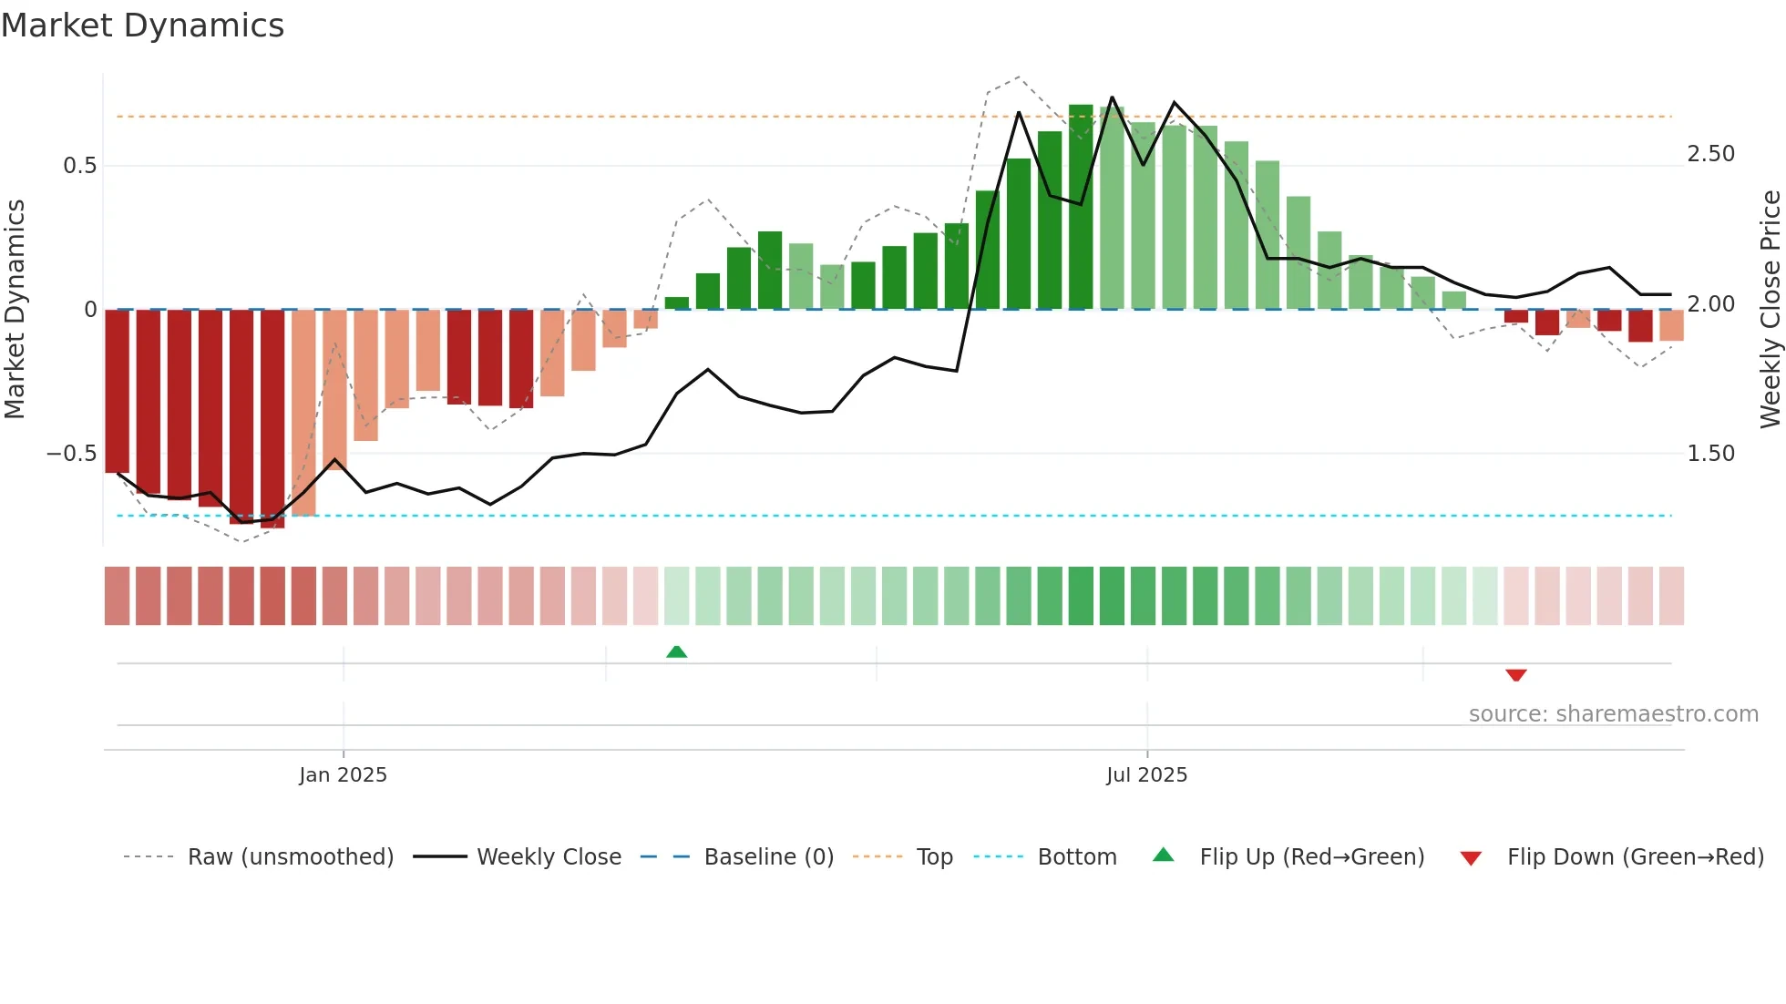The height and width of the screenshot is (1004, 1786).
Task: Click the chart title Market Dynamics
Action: coord(142,26)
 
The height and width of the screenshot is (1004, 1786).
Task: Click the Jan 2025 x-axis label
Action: coord(343,774)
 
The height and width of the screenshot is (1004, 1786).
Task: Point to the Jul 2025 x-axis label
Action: coord(1146,774)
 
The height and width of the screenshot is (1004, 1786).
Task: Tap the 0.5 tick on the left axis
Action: coord(79,166)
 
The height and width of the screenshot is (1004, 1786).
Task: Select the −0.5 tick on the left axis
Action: coord(71,454)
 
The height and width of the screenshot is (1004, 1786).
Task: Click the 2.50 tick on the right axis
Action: coord(1710,154)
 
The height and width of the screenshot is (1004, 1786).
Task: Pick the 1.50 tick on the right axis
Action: coord(1710,454)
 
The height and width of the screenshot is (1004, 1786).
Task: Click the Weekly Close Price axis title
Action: coord(1770,310)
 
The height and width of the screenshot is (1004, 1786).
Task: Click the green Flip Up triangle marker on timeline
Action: coord(676,651)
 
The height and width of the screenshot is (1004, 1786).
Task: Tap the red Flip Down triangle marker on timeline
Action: coord(1515,675)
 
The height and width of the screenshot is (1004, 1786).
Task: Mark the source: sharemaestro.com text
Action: coord(1613,714)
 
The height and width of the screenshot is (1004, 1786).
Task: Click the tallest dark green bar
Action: coord(1081,208)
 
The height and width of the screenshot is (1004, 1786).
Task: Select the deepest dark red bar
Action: coord(272,419)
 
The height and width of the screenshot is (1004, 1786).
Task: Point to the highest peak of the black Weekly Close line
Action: coord(1112,97)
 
